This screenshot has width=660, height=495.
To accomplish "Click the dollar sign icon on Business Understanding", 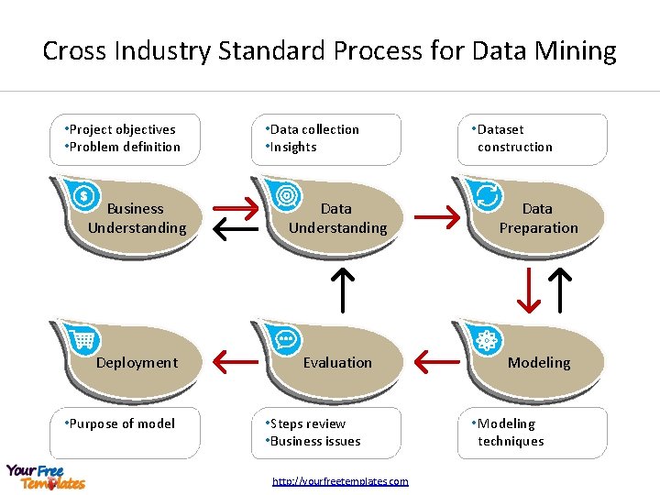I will tap(84, 195).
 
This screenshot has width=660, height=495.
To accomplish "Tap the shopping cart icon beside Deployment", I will tap(84, 340).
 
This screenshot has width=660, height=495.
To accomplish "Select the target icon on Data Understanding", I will tap(286, 195).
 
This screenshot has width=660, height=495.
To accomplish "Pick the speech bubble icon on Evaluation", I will tap(286, 338).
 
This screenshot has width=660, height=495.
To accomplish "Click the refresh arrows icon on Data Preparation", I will tap(487, 195).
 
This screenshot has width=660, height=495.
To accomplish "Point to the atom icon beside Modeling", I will tap(486, 340).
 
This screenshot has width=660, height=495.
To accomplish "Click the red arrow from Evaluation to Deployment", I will tap(236, 362).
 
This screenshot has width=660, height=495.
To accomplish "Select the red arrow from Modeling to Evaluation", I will tap(436, 362).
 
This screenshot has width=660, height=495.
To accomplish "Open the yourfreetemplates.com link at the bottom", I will tap(341, 481).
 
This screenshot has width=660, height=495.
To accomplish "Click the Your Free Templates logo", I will tap(46, 477).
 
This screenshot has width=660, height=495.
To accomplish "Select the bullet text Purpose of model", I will tap(121, 423).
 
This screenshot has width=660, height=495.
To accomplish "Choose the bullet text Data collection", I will tap(314, 129).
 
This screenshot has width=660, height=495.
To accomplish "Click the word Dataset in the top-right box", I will tap(500, 129).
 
